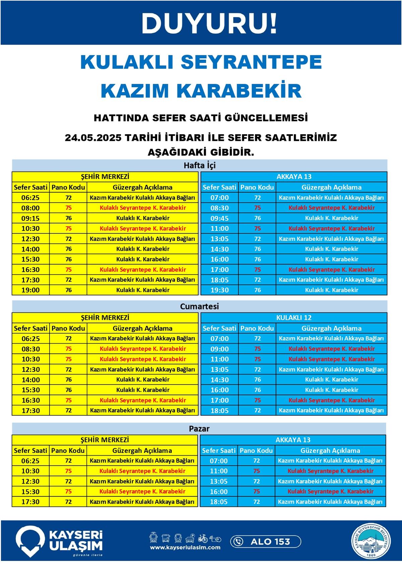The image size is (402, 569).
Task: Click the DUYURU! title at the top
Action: point(209,24)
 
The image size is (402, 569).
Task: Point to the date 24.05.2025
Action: point(93,138)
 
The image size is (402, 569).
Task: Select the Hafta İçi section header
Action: point(199,165)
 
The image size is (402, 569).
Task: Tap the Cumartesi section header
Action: point(199,306)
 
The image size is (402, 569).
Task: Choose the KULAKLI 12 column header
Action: point(294,318)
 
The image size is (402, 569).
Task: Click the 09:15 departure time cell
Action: point(30,218)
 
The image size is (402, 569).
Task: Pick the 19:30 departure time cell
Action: point(219,290)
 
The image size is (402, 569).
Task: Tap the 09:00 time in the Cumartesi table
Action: point(219,349)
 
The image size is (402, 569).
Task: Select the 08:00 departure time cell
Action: point(30,208)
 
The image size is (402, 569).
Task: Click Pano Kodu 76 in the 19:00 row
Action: point(68,290)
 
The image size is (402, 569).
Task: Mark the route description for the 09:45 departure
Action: point(331,218)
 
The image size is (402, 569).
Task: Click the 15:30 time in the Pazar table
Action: point(30,492)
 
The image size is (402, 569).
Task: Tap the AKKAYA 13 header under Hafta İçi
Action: point(294,177)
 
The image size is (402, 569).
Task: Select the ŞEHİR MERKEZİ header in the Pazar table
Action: point(105,440)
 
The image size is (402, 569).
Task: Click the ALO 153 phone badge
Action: point(265,541)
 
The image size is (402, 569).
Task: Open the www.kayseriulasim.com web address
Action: point(185,548)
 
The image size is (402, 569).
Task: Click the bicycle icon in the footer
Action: point(203,538)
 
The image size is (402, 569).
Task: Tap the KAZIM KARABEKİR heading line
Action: point(201,91)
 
